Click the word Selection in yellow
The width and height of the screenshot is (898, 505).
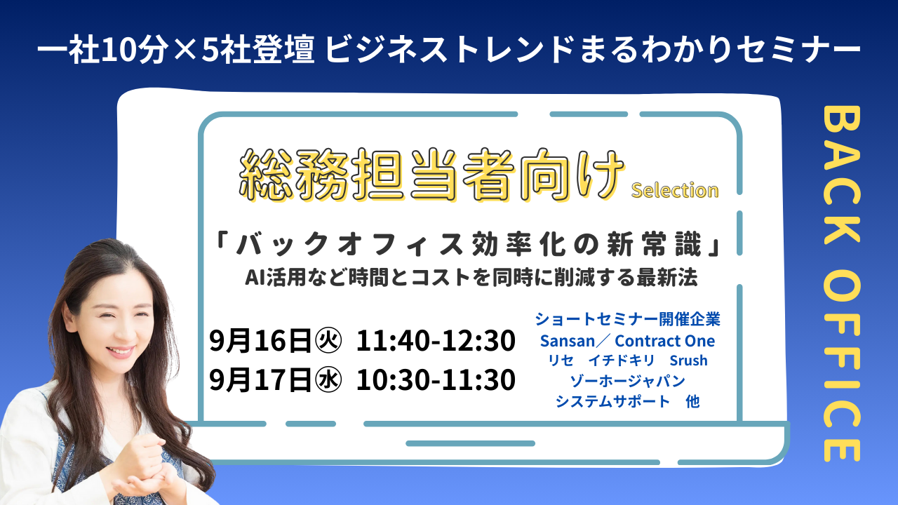click(x=675, y=190)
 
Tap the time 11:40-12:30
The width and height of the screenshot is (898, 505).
click(x=436, y=341)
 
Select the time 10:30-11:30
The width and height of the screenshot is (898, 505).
click(x=436, y=379)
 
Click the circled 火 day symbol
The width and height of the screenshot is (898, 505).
click(x=328, y=341)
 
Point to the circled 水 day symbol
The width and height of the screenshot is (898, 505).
click(x=328, y=379)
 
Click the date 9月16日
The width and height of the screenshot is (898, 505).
click(x=260, y=341)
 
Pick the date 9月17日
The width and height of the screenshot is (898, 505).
click(x=260, y=379)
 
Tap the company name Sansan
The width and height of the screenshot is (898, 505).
click(x=568, y=341)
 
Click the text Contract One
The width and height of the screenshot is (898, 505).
click(x=664, y=341)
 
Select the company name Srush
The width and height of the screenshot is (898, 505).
click(x=688, y=361)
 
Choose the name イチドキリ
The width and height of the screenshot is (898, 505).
click(x=622, y=361)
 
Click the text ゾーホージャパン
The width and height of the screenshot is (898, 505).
click(x=628, y=381)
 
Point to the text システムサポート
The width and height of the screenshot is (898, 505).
click(x=612, y=401)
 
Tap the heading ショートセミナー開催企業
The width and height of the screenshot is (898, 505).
click(x=628, y=319)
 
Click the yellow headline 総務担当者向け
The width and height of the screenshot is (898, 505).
click(x=431, y=175)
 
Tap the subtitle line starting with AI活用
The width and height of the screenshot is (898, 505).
click(x=471, y=277)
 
